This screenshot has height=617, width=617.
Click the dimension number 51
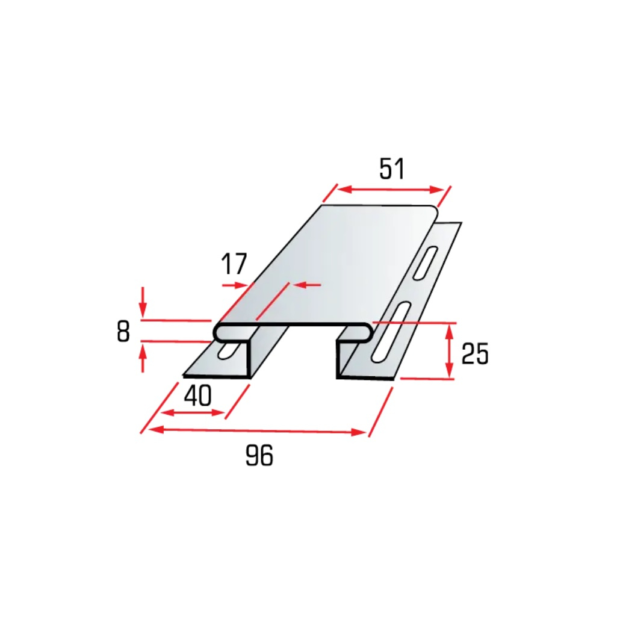(x=391, y=169)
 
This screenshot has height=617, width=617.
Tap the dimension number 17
(x=234, y=264)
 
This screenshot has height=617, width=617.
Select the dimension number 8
(x=123, y=331)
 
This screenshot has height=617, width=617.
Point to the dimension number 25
(x=474, y=353)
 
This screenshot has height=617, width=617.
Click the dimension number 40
(x=198, y=395)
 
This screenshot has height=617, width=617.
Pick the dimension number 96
(x=259, y=456)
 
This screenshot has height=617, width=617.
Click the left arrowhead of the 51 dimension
(x=345, y=189)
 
